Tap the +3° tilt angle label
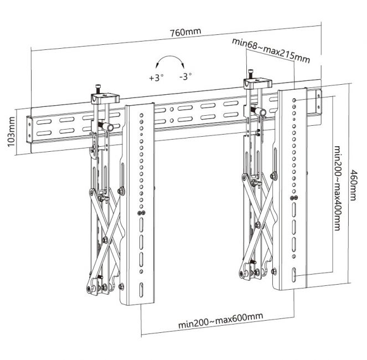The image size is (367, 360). pos(156,78)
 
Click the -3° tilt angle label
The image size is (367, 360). pos(185,78)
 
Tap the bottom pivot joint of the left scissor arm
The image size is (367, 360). pos(90,288)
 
